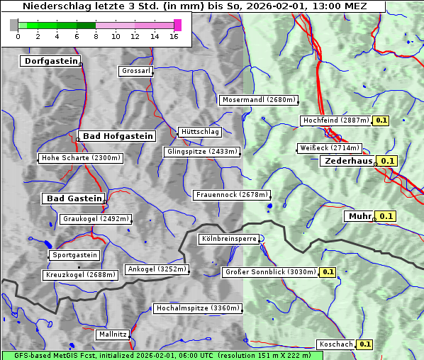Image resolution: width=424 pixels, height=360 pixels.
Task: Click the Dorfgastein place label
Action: (x=50, y=62)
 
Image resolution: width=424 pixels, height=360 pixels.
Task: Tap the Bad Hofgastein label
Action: (x=116, y=136)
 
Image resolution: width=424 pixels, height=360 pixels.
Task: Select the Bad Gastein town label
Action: (x=74, y=198)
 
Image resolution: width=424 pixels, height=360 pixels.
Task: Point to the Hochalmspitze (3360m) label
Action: (x=198, y=308)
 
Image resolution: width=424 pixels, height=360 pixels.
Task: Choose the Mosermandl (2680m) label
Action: (x=258, y=100)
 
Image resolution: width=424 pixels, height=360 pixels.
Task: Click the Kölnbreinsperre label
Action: (x=228, y=240)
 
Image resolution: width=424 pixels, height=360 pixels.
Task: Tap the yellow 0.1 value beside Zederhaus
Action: (x=387, y=162)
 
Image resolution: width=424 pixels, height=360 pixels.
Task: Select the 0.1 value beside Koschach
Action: (x=365, y=344)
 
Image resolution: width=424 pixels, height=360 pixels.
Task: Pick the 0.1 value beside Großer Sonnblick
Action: (x=328, y=271)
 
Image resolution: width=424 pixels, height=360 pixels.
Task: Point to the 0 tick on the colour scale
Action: (x=18, y=36)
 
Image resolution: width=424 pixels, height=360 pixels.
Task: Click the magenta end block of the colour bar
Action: (x=177, y=25)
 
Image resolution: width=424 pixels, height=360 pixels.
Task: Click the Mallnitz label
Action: (x=113, y=334)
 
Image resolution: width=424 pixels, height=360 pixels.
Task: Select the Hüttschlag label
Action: (x=200, y=132)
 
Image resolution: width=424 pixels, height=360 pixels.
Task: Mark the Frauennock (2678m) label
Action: (x=232, y=195)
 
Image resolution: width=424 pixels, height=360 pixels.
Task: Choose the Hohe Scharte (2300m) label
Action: (x=80, y=158)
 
